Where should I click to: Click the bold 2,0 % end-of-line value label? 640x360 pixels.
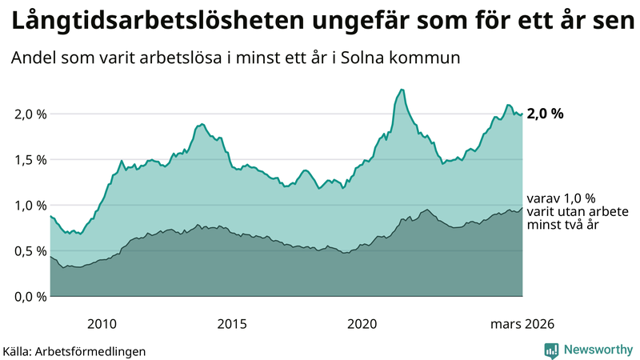coord(546,114)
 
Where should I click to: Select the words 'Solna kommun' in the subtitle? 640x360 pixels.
coord(417,59)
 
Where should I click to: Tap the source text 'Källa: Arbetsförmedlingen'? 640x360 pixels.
coord(74,350)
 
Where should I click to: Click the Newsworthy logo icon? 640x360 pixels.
coord(551,350)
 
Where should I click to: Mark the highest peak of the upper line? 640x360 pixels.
coord(402,90)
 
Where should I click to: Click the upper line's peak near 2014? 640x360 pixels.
coord(202,124)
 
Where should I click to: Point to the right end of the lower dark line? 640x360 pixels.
coord(522,208)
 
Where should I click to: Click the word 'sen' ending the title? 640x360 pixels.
coord(612,22)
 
